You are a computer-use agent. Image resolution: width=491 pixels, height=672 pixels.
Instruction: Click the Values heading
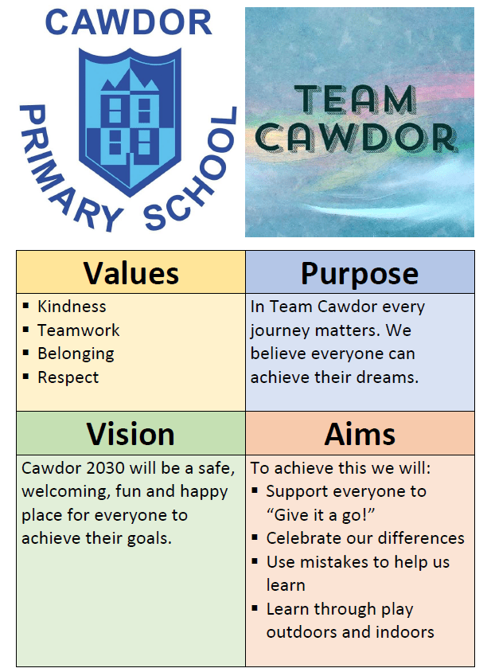click(x=131, y=273)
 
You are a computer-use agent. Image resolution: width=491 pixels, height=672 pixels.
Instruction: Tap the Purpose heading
click(x=360, y=274)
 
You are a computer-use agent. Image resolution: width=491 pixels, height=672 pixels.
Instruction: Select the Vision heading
click(x=131, y=434)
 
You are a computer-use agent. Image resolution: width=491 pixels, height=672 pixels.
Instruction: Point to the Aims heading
click(x=360, y=434)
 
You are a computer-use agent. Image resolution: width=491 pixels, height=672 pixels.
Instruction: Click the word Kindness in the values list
click(x=72, y=307)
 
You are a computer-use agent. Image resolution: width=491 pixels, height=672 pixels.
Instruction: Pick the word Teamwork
click(x=79, y=330)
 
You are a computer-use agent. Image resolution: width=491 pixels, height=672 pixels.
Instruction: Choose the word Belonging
click(x=76, y=354)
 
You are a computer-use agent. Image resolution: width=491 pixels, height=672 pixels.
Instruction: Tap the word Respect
click(x=68, y=377)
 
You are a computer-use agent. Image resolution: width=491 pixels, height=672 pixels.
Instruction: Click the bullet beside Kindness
click(x=25, y=306)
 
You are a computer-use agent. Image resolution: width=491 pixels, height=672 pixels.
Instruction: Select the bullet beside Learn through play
click(x=255, y=608)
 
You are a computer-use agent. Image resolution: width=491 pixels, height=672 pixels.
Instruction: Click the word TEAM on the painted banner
click(x=355, y=100)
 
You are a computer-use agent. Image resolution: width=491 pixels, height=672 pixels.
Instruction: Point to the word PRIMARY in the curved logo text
click(x=64, y=170)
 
